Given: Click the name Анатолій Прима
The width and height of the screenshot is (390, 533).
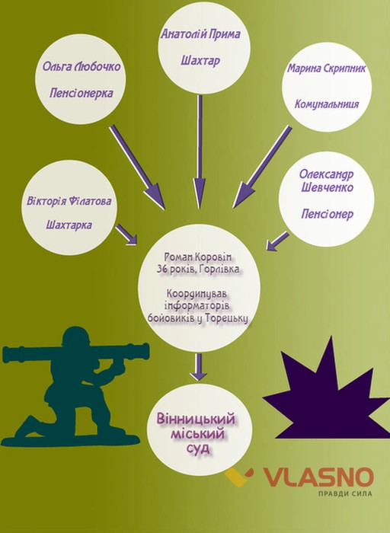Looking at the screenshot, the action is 200,34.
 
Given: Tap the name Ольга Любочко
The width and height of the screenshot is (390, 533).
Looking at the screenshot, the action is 82,66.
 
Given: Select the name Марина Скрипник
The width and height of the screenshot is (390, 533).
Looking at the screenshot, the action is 327,69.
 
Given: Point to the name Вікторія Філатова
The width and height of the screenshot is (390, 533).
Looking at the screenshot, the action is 69,200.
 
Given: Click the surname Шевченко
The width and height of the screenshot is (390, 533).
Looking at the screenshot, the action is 327,187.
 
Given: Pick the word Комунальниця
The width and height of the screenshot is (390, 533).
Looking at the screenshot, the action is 327,104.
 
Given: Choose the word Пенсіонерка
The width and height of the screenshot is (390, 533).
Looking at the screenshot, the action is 82,93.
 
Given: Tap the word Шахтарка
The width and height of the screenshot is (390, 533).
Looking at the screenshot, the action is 69,225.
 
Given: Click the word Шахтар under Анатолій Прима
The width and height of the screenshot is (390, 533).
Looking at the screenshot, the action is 200,61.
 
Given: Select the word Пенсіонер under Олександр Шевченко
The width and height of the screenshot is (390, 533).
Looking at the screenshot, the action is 327,214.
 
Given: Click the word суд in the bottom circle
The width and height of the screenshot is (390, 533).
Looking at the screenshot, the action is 198,448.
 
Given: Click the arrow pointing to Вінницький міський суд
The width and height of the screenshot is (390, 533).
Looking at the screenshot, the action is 199,367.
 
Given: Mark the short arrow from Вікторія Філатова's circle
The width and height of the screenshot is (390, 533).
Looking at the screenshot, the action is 126,235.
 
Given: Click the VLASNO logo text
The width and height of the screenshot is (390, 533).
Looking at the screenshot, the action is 318,477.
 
